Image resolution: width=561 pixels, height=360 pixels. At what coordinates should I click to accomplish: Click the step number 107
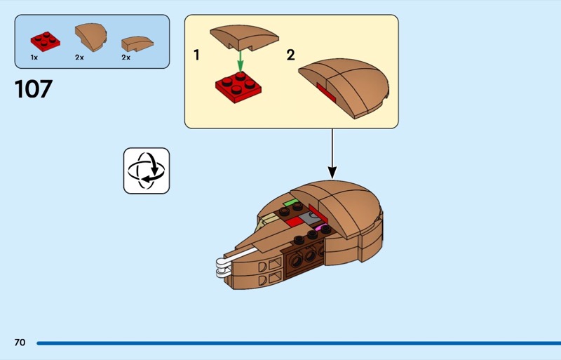(x=33, y=89)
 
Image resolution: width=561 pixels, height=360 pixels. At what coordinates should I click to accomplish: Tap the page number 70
(x=20, y=342)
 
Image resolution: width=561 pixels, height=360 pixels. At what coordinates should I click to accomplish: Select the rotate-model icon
(x=147, y=171)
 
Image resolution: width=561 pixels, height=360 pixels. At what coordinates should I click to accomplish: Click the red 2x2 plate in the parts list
(x=45, y=41)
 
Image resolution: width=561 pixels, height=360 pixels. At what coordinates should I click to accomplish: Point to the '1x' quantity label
(x=34, y=58)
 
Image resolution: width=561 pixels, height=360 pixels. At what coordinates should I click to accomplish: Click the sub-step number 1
(x=196, y=55)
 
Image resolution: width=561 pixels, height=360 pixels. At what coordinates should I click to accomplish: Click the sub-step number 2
(x=290, y=55)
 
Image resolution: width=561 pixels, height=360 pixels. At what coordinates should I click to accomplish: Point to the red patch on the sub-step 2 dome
(x=325, y=91)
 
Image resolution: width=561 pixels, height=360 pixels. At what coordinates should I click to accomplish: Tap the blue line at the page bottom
(x=295, y=343)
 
